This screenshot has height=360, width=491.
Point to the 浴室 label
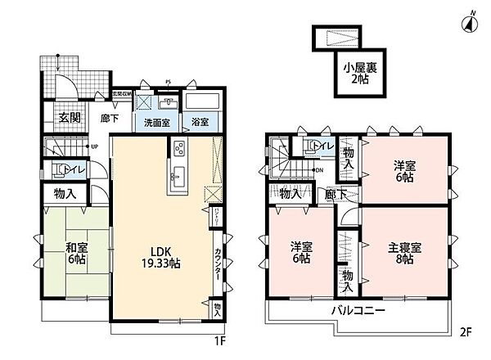tap(200, 124)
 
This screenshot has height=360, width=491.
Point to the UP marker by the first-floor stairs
tap(96, 147)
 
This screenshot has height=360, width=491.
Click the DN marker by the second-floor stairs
tap(318, 170)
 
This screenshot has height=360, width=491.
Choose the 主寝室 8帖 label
tap(403, 251)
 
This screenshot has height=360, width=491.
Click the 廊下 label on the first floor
tap(110, 117)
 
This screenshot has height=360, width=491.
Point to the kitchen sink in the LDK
tap(178, 174)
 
